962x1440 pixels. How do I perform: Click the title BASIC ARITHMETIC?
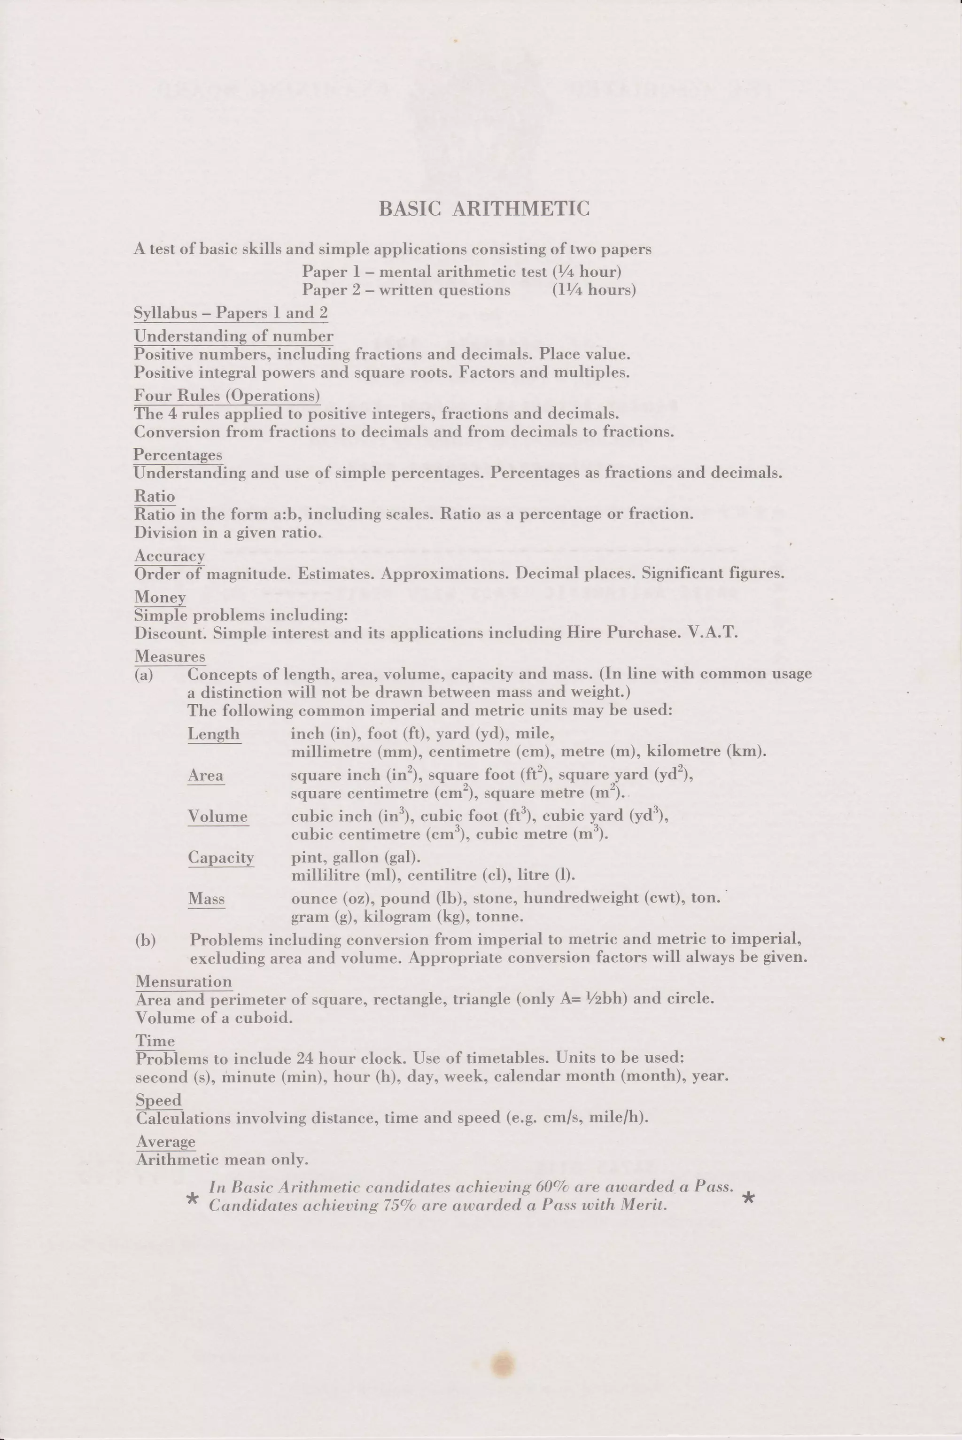tap(484, 209)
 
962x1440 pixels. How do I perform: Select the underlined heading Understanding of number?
tap(234, 336)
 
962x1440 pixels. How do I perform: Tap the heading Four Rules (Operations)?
tap(227, 396)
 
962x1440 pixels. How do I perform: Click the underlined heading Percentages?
tap(178, 455)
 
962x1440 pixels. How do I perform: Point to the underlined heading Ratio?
tap(155, 496)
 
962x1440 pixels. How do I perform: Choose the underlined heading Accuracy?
tap(169, 556)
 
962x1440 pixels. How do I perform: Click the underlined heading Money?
tap(160, 597)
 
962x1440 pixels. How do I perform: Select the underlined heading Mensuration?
tap(184, 981)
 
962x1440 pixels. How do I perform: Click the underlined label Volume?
tap(218, 816)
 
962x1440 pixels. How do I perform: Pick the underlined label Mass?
tap(206, 899)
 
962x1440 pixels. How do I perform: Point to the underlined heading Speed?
tap(159, 1100)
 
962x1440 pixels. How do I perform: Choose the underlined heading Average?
tap(166, 1142)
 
